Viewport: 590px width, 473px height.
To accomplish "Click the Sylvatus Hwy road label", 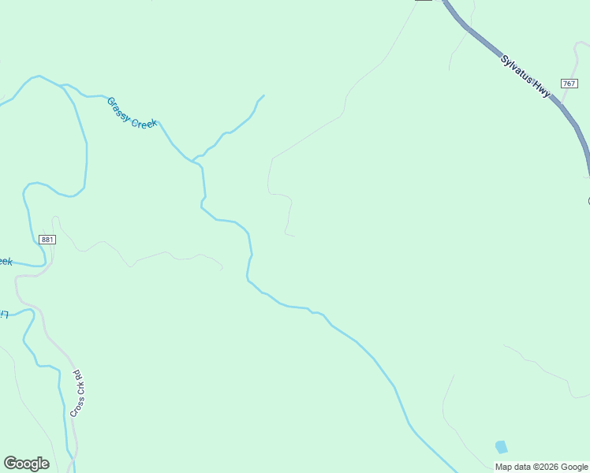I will (525, 76).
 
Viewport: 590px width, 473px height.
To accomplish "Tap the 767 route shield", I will (569, 84).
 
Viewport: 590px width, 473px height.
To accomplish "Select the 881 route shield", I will (47, 240).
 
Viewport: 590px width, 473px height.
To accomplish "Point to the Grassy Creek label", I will (132, 114).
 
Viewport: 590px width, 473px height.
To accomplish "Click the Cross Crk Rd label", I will (77, 393).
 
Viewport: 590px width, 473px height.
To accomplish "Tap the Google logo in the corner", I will (26, 464).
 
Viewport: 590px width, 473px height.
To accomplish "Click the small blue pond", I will (501, 447).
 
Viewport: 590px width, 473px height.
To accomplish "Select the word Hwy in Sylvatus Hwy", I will (541, 90).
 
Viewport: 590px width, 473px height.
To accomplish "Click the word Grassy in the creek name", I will (121, 107).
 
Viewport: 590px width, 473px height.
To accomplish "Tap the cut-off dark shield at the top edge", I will (424, 2).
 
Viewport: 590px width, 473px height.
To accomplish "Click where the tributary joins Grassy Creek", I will (193, 160).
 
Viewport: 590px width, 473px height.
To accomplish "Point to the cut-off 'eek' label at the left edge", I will (6, 262).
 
